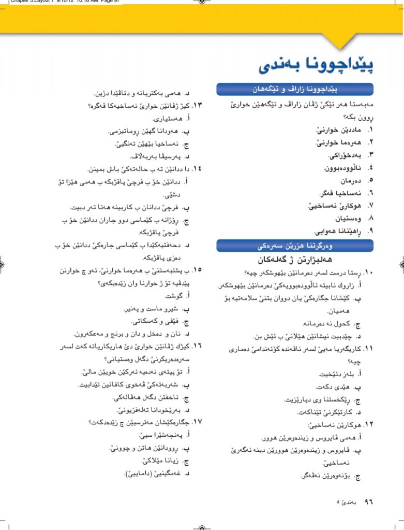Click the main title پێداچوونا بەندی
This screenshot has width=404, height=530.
(317, 66)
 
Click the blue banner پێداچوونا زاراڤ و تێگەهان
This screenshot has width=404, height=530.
(295, 90)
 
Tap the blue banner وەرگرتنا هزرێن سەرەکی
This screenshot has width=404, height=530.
(295, 245)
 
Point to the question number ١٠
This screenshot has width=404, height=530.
(368, 273)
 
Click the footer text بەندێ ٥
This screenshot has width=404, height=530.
(346, 502)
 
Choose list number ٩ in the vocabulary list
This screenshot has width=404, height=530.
(370, 232)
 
